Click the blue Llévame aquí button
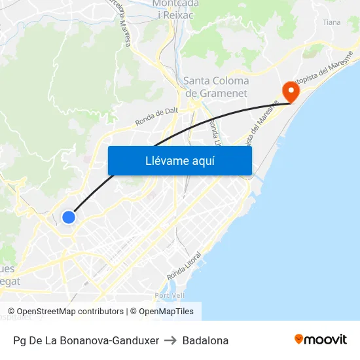pyautogui.click(x=179, y=160)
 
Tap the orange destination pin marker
pyautogui.click(x=289, y=91)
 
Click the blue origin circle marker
pyautogui.click(x=69, y=217)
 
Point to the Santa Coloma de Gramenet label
pyautogui.click(x=216, y=87)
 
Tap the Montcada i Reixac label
pyautogui.click(x=176, y=9)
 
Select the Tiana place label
pyautogui.click(x=332, y=22)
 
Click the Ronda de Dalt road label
pyautogui.click(x=156, y=116)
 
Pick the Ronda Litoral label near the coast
pyautogui.click(x=184, y=264)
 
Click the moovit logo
pyautogui.click(x=320, y=340)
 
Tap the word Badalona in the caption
pyautogui.click(x=206, y=340)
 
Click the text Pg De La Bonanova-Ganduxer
pyautogui.click(x=86, y=340)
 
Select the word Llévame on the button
pyautogui.click(x=167, y=160)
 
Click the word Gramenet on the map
pyautogui.click(x=225, y=94)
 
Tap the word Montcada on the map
pyautogui.click(x=176, y=3)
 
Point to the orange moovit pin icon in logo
pyautogui.click(x=299, y=339)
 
